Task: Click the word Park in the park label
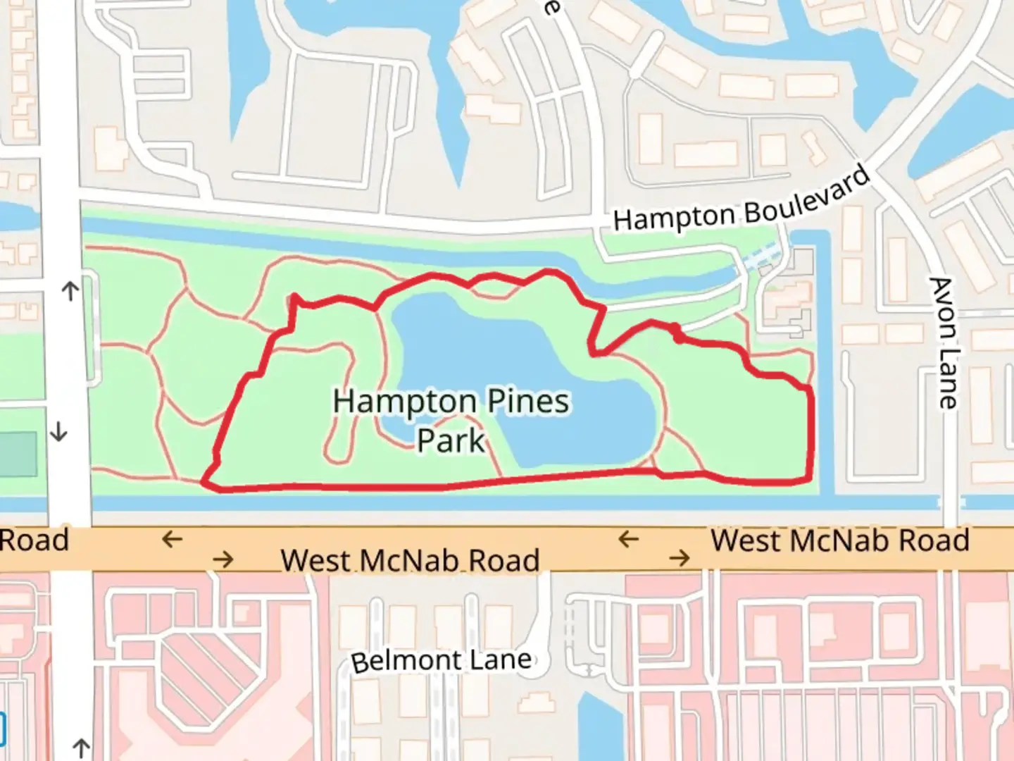(451, 441)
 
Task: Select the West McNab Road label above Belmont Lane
(410, 561)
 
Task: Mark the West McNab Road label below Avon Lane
(839, 541)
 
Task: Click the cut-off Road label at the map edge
(34, 540)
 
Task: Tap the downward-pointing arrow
(59, 431)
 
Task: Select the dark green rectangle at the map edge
(18, 454)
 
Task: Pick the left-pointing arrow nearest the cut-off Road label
(172, 540)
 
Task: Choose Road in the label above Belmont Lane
(504, 561)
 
